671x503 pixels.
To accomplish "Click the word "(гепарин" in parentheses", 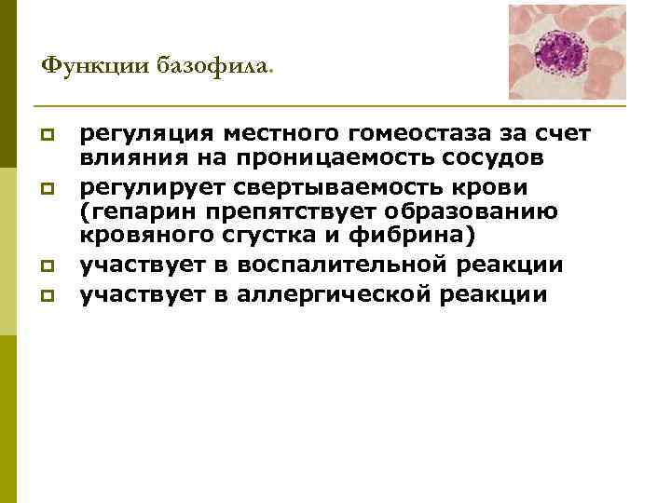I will (x=130, y=211).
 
